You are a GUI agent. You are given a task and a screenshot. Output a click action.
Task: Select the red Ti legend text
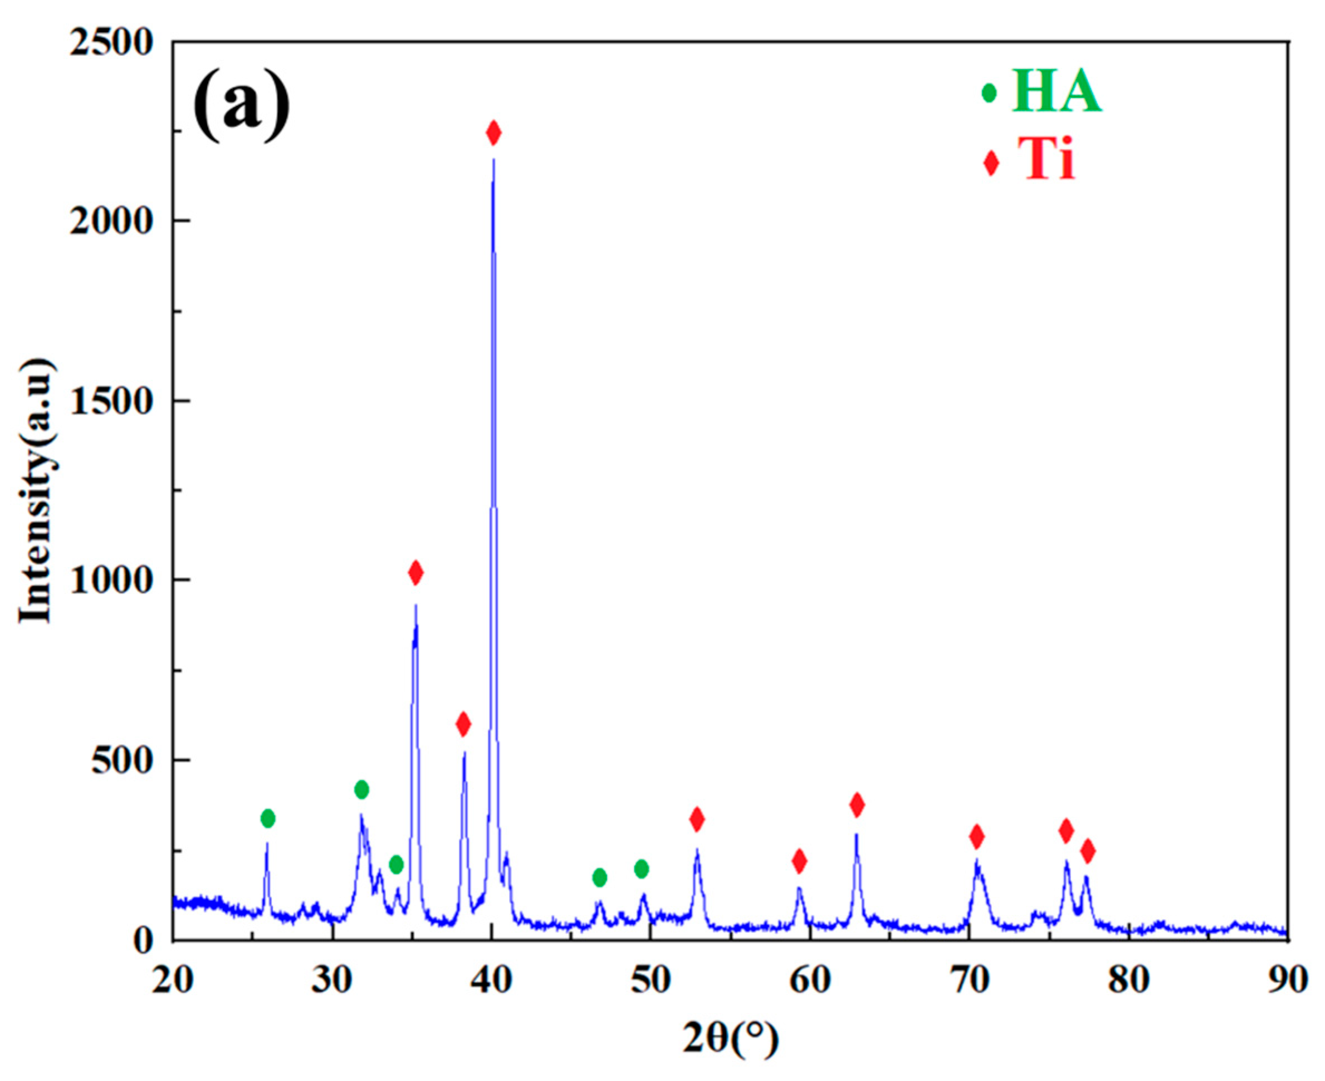[x=1047, y=158]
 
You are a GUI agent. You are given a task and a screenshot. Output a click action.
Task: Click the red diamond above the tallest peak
[x=494, y=132]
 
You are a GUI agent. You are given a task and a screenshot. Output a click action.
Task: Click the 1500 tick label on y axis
[x=111, y=402]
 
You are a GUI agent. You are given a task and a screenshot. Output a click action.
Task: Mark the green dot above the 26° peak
[x=268, y=818]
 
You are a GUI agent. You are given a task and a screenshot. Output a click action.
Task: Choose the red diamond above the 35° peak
[x=416, y=572]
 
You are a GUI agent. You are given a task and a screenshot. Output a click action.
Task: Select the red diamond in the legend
[x=991, y=163]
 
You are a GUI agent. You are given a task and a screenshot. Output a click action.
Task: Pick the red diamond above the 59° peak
[x=800, y=861]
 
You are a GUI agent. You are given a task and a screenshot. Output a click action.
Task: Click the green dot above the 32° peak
[x=362, y=789]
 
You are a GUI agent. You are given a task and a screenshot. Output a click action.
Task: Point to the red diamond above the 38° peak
[x=463, y=724]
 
